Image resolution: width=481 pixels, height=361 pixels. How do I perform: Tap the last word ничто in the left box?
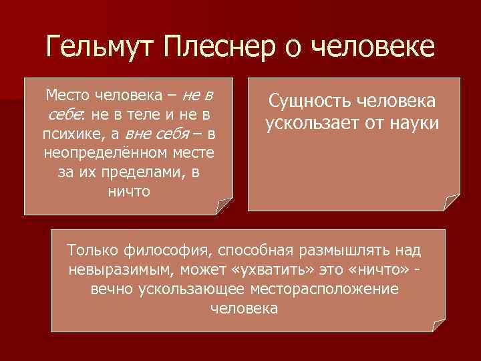point(128,191)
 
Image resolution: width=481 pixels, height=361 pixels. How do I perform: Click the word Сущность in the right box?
point(309,101)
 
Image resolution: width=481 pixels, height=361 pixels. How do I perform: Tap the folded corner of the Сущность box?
point(453,203)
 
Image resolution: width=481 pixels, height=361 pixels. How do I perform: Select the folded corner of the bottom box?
point(438,325)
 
